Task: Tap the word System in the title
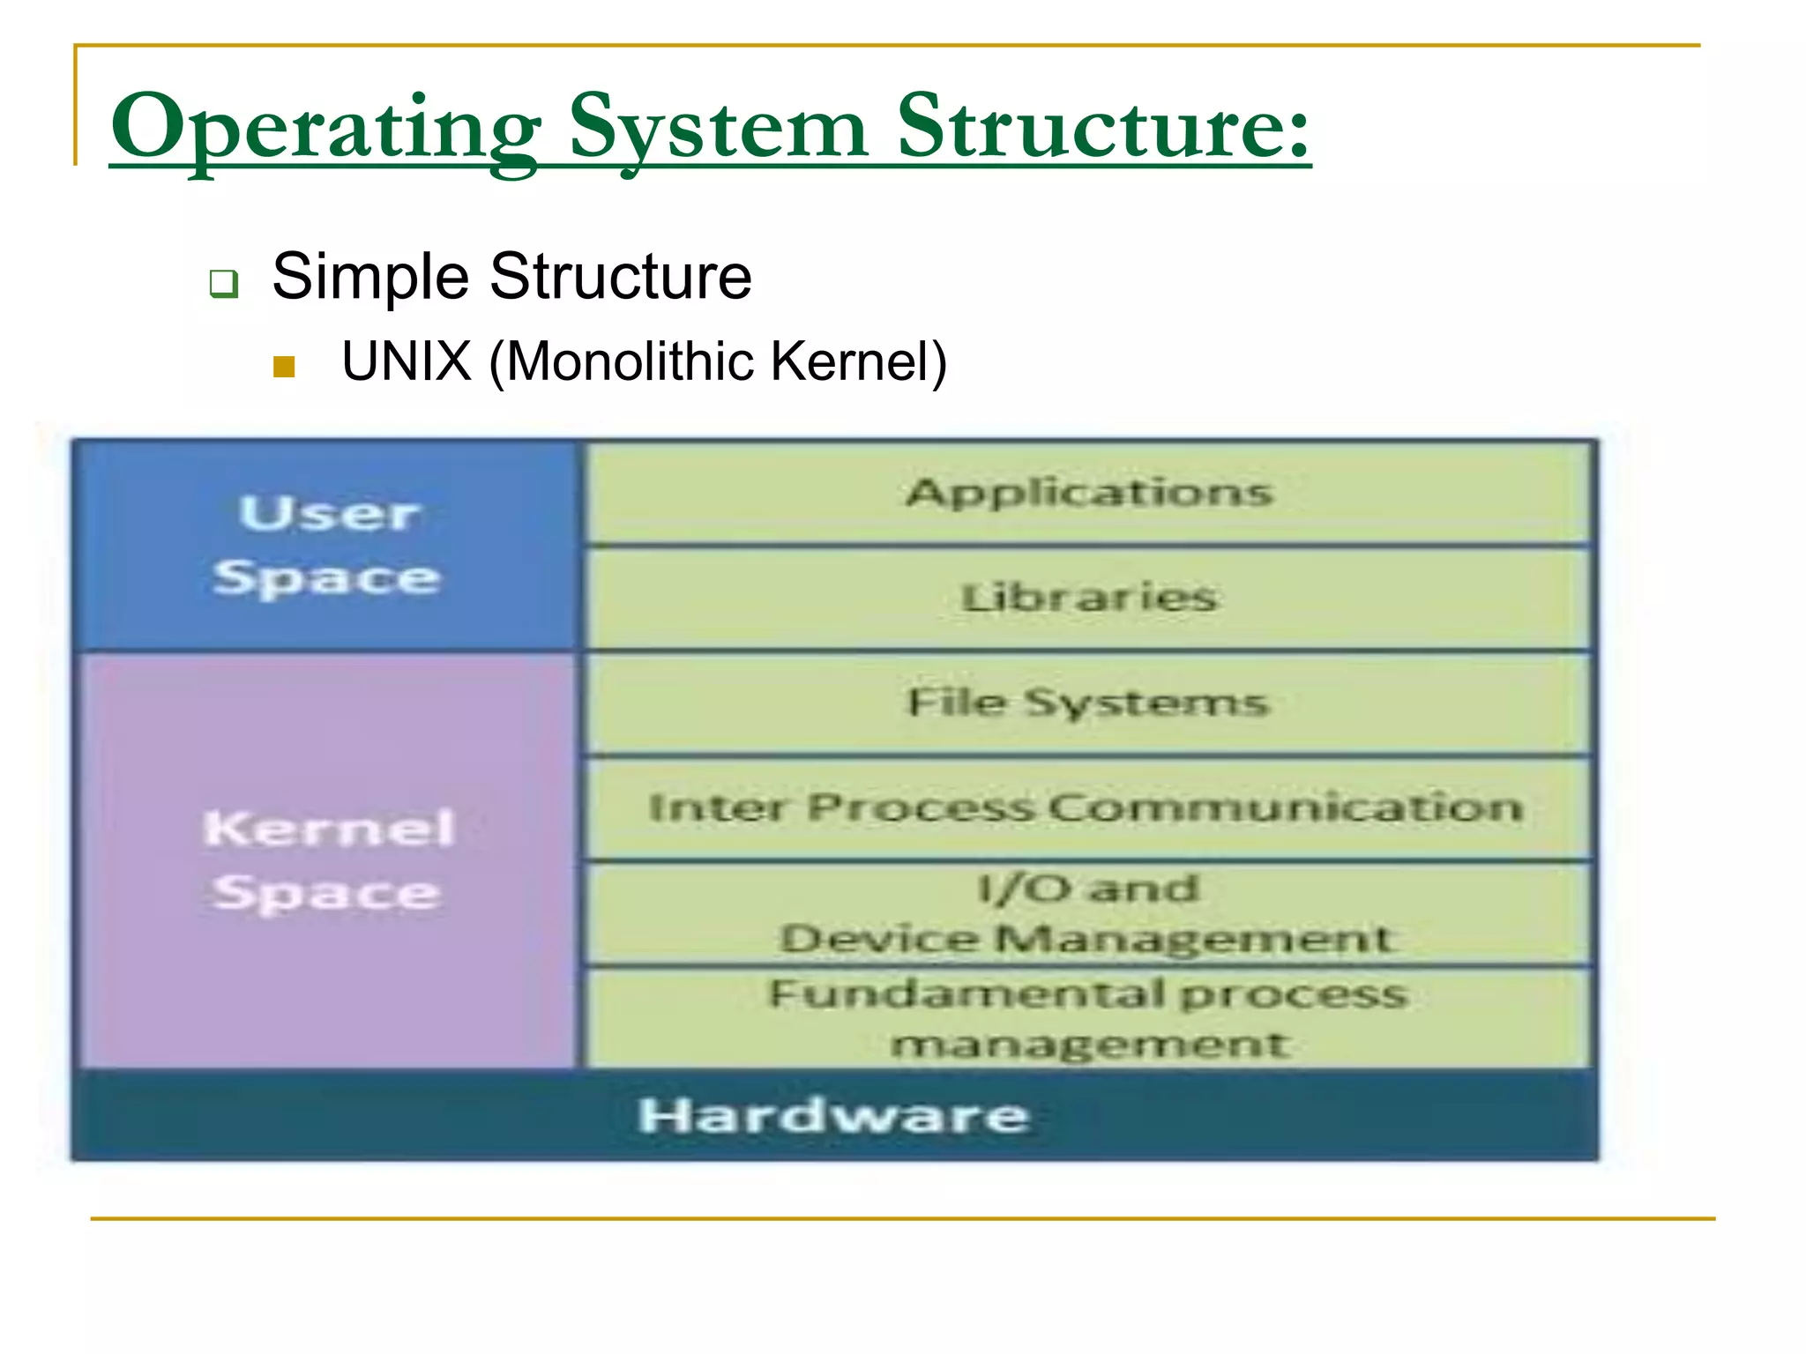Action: tap(719, 128)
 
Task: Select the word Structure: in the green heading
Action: tap(1102, 128)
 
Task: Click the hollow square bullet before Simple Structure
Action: tap(224, 284)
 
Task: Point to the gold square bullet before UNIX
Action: tap(283, 366)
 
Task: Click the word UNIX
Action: tap(407, 361)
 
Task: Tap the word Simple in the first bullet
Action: tap(370, 277)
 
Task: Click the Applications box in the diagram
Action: tap(1089, 492)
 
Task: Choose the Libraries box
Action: tap(1089, 598)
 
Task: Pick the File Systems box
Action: tap(1089, 703)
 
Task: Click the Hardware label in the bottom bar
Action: tap(832, 1115)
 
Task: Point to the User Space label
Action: tap(327, 546)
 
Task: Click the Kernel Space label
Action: tap(327, 860)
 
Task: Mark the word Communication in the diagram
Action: tap(1287, 807)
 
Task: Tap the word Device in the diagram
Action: tap(878, 938)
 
